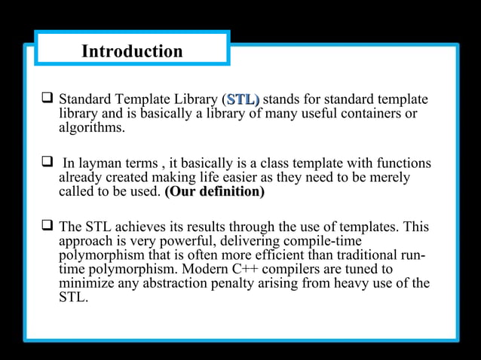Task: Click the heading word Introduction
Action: (132, 51)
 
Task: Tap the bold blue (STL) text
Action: (242, 99)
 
